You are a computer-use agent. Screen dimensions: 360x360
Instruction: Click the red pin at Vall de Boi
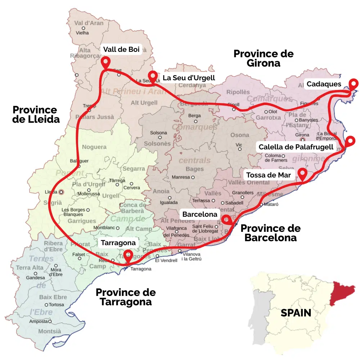[x=105, y=62]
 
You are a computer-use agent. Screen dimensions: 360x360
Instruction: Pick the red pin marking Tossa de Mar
[x=302, y=174]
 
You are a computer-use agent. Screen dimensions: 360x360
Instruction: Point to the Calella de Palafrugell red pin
[x=350, y=141]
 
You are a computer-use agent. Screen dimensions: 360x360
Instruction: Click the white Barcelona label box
[x=200, y=214]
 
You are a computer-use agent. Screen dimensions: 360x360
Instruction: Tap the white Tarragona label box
[x=118, y=243]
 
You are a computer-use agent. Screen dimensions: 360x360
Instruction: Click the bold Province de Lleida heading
[x=36, y=114]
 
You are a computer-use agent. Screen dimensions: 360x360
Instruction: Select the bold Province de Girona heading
[x=264, y=58]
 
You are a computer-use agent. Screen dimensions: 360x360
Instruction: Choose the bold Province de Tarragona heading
[x=126, y=297]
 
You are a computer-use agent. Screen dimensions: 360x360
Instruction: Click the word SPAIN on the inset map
[x=296, y=313]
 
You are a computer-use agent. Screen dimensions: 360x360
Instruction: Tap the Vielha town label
[x=82, y=33]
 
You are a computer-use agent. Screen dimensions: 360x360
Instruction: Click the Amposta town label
[x=39, y=321]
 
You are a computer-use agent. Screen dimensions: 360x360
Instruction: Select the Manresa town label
[x=181, y=177]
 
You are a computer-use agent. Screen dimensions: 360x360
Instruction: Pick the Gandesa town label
[x=35, y=278]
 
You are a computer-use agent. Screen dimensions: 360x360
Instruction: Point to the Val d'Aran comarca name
[x=89, y=23]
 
